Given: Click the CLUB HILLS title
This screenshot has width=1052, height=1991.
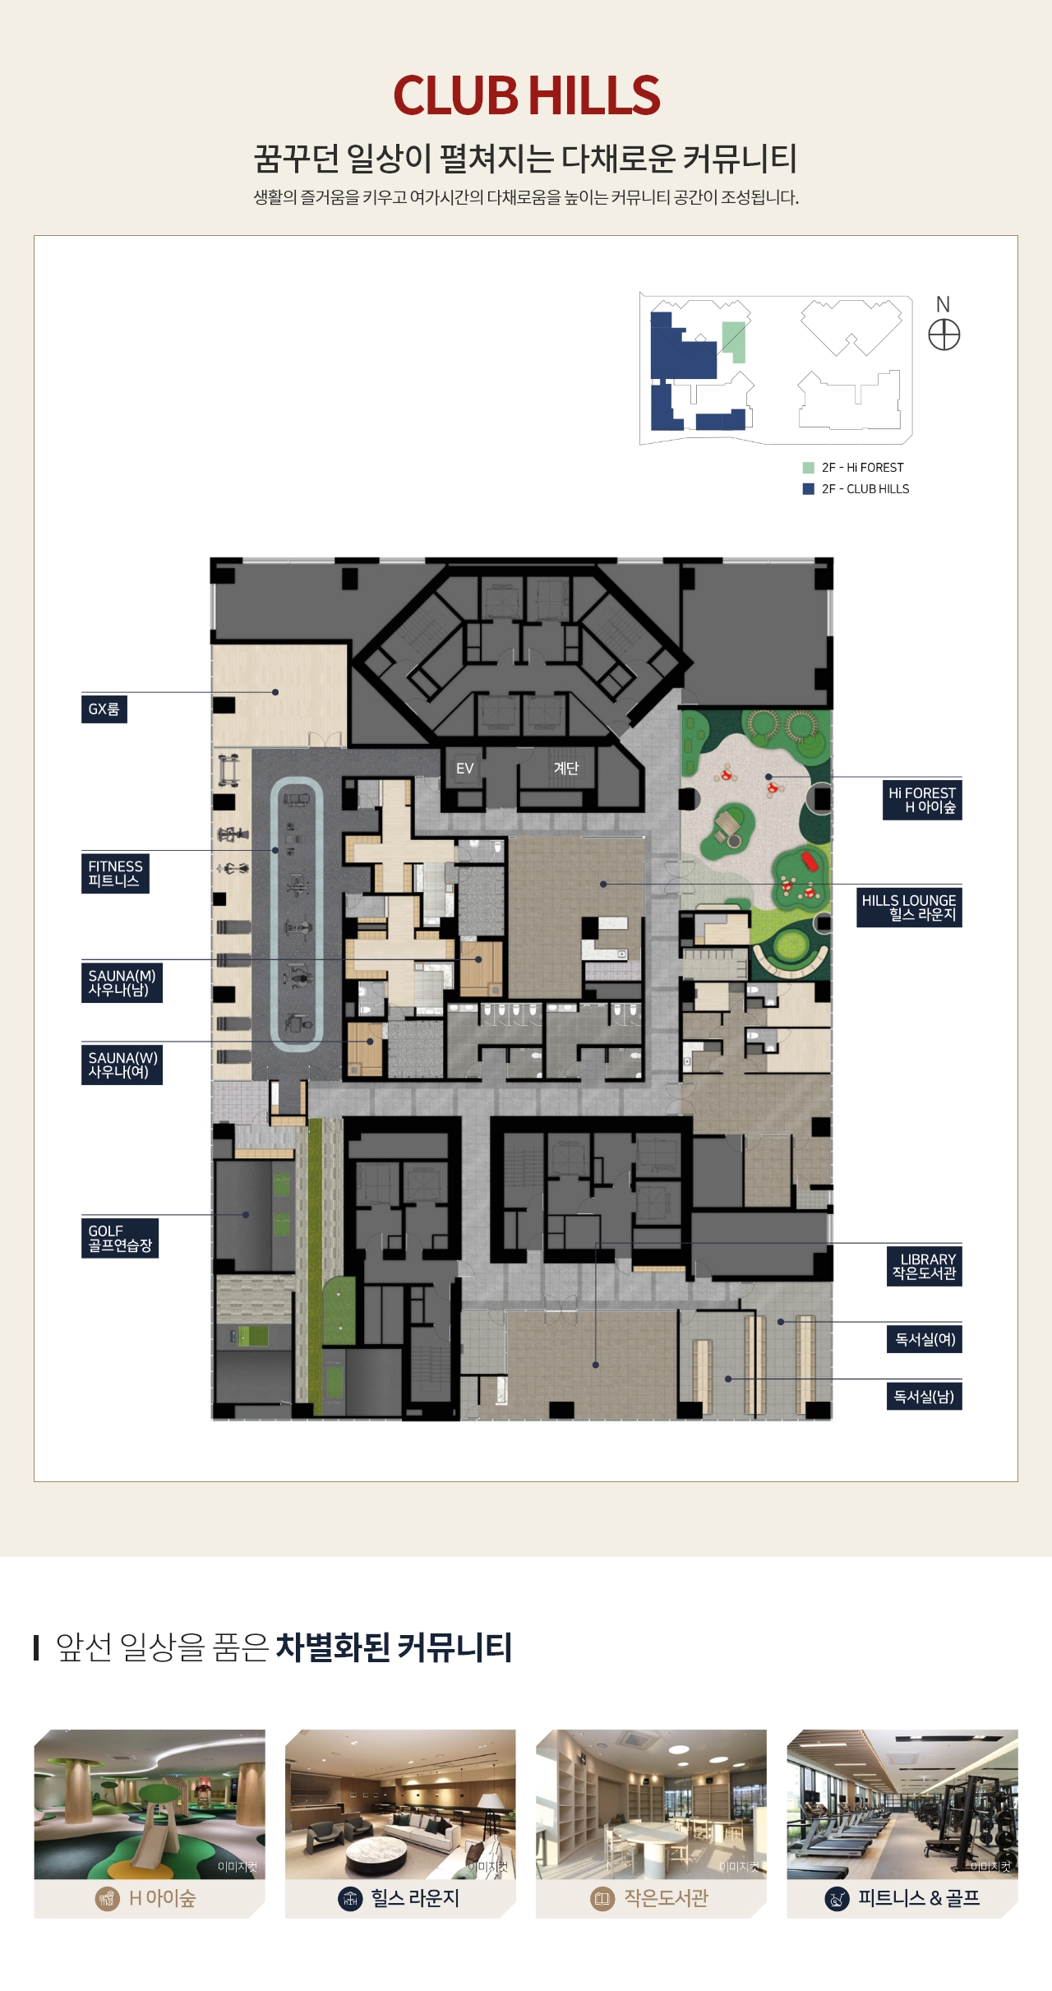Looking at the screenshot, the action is pos(527,95).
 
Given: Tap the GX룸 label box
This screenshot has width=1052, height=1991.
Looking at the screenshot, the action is pos(104,709).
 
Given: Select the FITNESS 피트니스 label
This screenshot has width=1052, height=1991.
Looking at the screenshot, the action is pos(115,873).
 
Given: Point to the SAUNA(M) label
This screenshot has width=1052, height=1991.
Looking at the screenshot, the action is pos(122,983).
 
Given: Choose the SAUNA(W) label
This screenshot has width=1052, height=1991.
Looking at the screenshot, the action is pos(122,1065).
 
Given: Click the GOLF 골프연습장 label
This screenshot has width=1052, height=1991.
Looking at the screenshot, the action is pos(120,1238).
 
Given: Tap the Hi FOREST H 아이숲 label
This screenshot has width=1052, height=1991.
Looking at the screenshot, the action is pos(922,800).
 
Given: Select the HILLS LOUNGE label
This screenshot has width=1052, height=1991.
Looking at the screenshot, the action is pos(909,908).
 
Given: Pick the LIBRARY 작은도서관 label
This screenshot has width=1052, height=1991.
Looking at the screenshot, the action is pos(925,1266).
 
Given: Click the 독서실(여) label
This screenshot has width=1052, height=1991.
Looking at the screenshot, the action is pos(925,1339).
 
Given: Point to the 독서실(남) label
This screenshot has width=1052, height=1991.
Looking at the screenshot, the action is pos(925,1396).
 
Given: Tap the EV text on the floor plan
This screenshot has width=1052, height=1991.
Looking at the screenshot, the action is pos(465,769).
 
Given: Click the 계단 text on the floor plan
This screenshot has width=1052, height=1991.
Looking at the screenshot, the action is pos(566,768).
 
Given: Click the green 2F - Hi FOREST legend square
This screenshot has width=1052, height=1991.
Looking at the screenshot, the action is pos(809,468).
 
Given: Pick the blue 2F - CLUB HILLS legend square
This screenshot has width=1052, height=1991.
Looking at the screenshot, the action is pos(809,489).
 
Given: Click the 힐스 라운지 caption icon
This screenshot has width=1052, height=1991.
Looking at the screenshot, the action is pos(350,1898).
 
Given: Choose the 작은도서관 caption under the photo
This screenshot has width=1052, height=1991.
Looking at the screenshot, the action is pos(666,1898).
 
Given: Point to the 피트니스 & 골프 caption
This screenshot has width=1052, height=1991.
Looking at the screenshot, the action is pos(919,1898).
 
